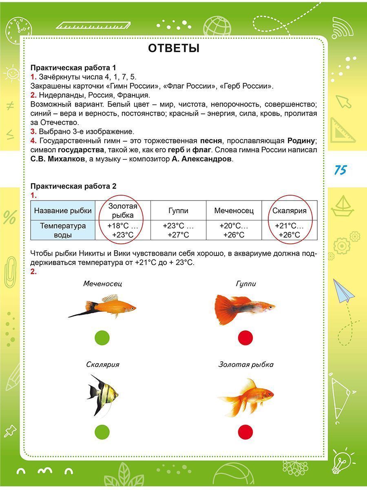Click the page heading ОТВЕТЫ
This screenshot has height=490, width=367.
pos(174,49)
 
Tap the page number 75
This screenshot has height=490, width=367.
pos(340,170)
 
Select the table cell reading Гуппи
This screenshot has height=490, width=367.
pos(178,211)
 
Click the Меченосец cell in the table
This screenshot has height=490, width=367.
pos(234,211)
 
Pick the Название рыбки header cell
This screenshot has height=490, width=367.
pos(63,211)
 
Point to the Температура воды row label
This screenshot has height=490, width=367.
pos(63,230)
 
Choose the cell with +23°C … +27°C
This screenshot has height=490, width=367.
pos(178,230)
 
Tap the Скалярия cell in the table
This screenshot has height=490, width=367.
pos(290,211)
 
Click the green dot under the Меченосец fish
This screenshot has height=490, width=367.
pos(102,338)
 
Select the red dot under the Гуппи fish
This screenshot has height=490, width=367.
pos(245,338)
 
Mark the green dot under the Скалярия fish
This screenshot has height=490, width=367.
pos(102,432)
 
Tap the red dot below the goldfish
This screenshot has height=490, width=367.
pos(245,432)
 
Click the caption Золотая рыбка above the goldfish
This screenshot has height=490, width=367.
pos(246,365)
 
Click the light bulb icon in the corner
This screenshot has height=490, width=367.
pos(341,463)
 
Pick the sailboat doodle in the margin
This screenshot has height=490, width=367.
pos(342,206)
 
